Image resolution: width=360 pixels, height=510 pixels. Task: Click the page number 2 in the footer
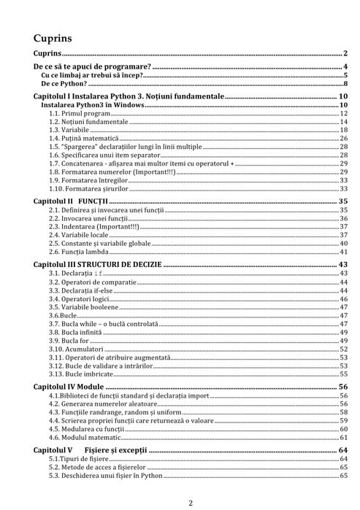pos(190,502)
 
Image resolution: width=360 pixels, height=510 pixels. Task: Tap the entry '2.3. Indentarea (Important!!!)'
pos(92,226)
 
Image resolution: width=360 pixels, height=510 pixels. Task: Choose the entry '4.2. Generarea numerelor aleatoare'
pos(102,403)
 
